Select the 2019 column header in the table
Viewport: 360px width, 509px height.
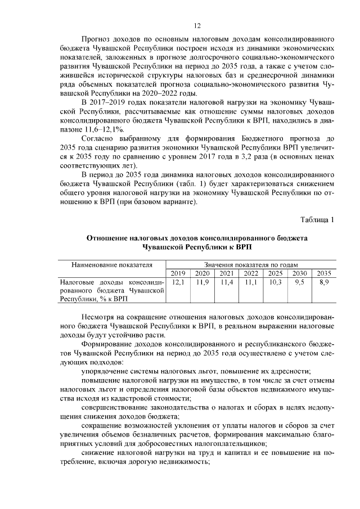178,273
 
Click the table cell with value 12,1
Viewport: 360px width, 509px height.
178,282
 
